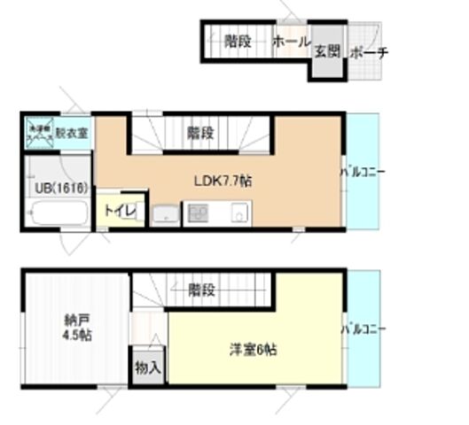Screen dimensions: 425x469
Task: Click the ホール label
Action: tap(290, 42)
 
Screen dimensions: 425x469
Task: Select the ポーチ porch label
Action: tap(369, 53)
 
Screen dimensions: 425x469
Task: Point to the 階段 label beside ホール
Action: tap(237, 42)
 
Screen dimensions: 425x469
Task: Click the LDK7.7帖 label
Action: tap(223, 180)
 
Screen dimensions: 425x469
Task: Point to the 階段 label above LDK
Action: tap(200, 134)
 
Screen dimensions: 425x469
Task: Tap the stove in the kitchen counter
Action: tap(196, 213)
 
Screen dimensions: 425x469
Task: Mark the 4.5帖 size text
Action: tap(77, 336)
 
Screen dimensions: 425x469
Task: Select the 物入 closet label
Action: tap(147, 367)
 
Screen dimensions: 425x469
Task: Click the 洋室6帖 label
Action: tap(253, 351)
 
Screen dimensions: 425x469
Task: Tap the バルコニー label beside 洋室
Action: tap(363, 329)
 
